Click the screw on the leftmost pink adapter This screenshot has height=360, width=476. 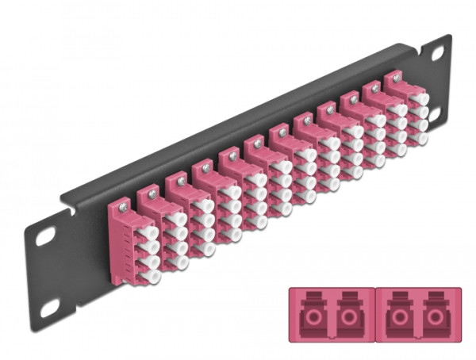coord(121,208)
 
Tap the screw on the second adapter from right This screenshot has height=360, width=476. coord(370,89)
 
